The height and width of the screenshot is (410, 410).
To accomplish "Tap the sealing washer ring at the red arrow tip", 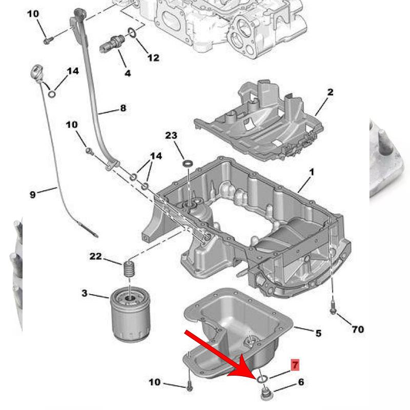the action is click(262, 378).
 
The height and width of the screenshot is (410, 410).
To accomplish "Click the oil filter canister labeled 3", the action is click(129, 314).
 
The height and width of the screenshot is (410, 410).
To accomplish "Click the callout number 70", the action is click(358, 329).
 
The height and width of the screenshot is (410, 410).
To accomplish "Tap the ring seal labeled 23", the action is click(188, 164).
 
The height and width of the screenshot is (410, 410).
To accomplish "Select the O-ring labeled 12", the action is click(132, 32).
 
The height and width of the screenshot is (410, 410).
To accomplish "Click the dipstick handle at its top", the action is click(37, 72).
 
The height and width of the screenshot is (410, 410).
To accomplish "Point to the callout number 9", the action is click(32, 194).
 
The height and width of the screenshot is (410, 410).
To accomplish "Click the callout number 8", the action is click(123, 108).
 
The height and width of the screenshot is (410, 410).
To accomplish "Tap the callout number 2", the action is click(330, 92).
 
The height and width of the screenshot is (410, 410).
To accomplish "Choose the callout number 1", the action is click(312, 172).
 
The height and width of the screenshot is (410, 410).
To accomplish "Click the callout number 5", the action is click(318, 333).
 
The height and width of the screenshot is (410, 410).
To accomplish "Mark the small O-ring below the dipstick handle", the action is click(52, 94).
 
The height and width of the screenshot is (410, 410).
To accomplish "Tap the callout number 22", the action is click(95, 256).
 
